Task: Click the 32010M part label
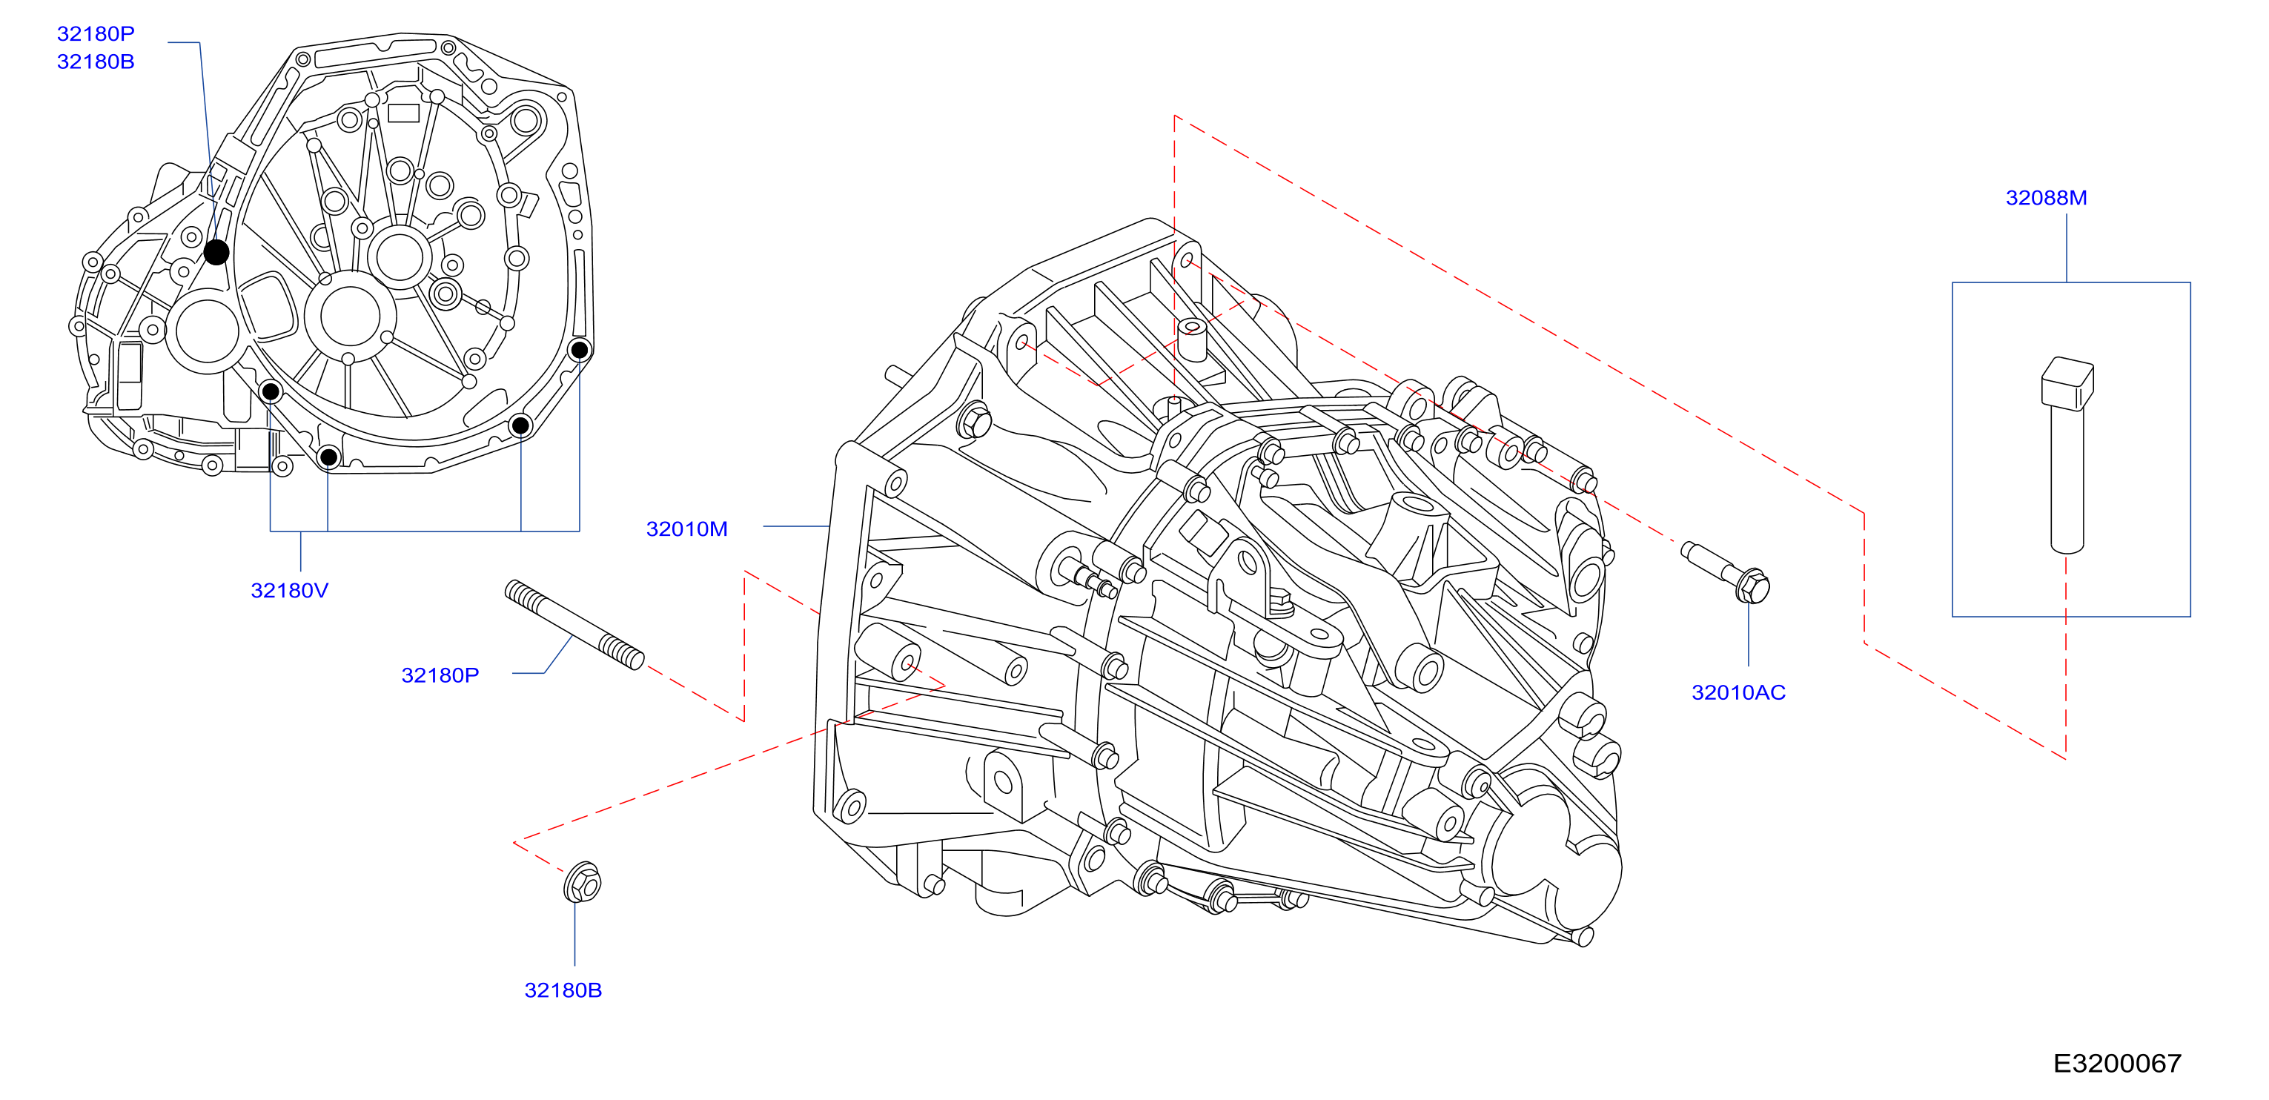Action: click(x=687, y=529)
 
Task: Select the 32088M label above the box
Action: click(x=2046, y=198)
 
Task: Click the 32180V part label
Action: click(x=289, y=590)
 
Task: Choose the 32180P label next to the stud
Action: click(x=440, y=675)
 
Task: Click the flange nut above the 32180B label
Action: click(x=582, y=881)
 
